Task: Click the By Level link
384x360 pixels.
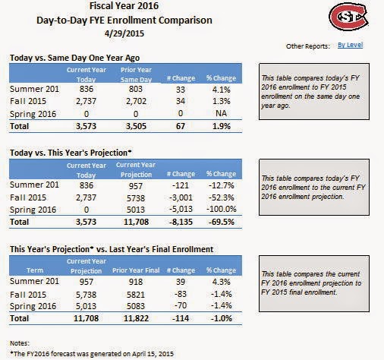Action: click(x=350, y=45)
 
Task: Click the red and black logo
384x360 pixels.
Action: click(x=349, y=16)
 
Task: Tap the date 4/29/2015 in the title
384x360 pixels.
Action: click(x=124, y=33)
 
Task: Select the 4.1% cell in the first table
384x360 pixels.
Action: click(x=222, y=90)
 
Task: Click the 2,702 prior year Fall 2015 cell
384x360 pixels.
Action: click(x=136, y=101)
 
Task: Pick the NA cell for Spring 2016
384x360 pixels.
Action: click(x=221, y=113)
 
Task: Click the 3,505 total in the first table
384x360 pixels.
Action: click(x=136, y=126)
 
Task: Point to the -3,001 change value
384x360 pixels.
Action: click(x=181, y=197)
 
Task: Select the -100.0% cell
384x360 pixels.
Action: click(x=222, y=209)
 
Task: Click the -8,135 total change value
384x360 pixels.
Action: click(x=181, y=222)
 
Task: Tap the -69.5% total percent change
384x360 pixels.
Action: click(x=222, y=222)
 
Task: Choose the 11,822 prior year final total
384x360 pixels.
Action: click(x=136, y=318)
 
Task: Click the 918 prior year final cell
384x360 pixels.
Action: click(x=136, y=282)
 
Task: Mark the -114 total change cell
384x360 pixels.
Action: click(x=181, y=318)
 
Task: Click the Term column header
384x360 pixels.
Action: click(x=35, y=270)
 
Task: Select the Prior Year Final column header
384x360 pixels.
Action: click(x=136, y=270)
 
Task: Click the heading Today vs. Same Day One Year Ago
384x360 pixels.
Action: click(x=74, y=58)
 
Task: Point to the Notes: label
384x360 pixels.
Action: click(x=20, y=343)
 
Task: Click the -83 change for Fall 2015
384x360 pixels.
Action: click(x=181, y=294)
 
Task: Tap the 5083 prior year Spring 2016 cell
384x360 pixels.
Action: click(x=136, y=306)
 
